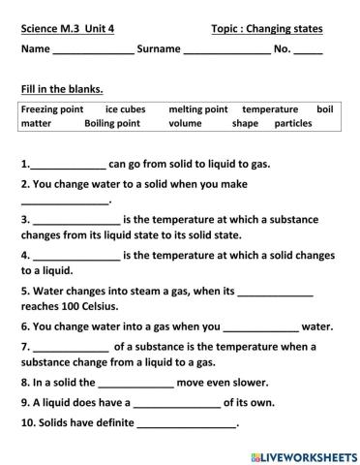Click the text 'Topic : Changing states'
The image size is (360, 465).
[266, 29]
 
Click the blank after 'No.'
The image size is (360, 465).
[308, 52]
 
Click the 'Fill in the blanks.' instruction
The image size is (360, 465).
[61, 90]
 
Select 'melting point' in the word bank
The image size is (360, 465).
[197, 109]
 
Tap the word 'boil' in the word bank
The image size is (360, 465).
[324, 109]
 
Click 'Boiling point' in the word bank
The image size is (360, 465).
[112, 124]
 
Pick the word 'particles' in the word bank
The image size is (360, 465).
[293, 124]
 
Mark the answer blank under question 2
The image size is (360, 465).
[66, 202]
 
